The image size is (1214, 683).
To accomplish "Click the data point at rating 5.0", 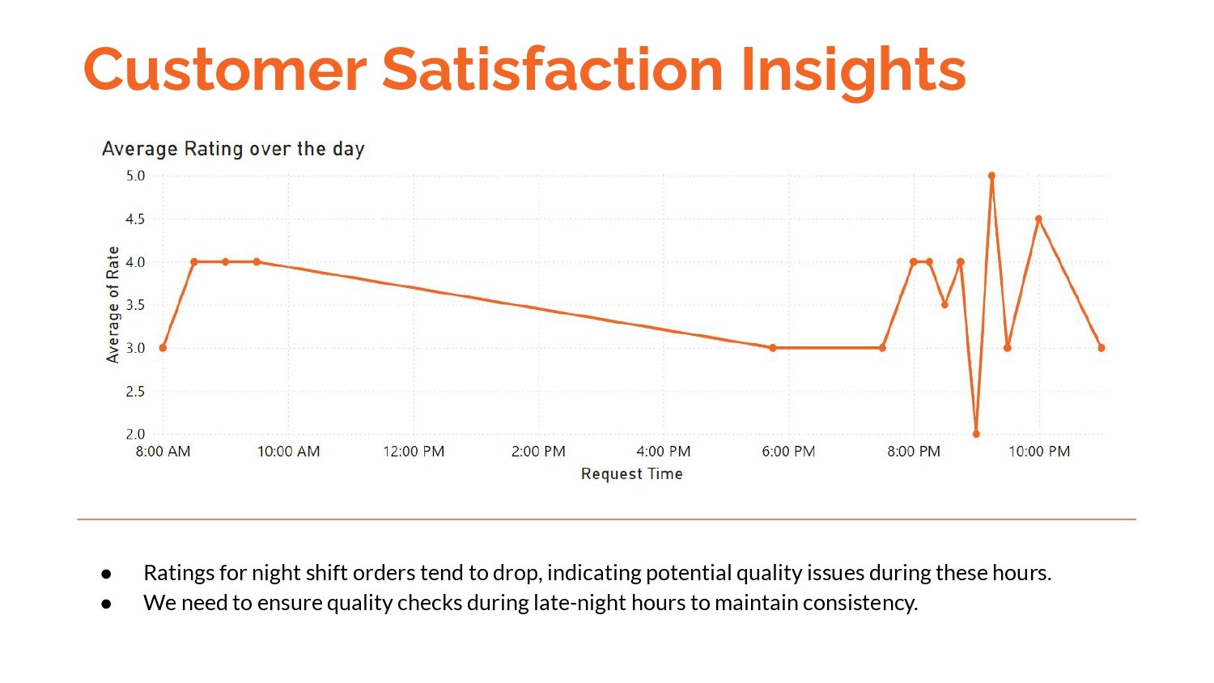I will click(991, 176).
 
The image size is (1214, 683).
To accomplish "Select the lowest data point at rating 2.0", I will click(976, 434).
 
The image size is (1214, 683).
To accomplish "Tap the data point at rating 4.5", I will click(1038, 219).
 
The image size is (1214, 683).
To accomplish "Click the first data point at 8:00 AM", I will click(163, 348).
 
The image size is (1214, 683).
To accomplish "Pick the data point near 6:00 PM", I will click(773, 348).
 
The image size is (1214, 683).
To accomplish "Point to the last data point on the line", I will click(1102, 348).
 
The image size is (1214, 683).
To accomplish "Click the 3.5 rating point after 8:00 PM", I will click(944, 305).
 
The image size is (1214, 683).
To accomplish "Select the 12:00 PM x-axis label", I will click(414, 452).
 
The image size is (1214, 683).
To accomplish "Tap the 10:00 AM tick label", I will click(288, 452).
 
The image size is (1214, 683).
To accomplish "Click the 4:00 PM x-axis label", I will click(664, 452).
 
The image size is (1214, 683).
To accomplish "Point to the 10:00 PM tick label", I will click(1039, 452).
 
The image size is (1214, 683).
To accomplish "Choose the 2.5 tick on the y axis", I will click(135, 392).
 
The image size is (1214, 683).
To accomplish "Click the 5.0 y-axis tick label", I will click(135, 176).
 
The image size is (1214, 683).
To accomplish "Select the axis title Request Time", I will click(631, 474).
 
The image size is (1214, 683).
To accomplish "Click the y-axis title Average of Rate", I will click(112, 304).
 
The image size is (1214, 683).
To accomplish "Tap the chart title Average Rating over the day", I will click(233, 149).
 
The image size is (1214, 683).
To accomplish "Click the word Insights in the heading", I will click(853, 70).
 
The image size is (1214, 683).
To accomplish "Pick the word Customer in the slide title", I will click(225, 70).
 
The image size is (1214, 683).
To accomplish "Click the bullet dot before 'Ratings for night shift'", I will click(106, 573).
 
